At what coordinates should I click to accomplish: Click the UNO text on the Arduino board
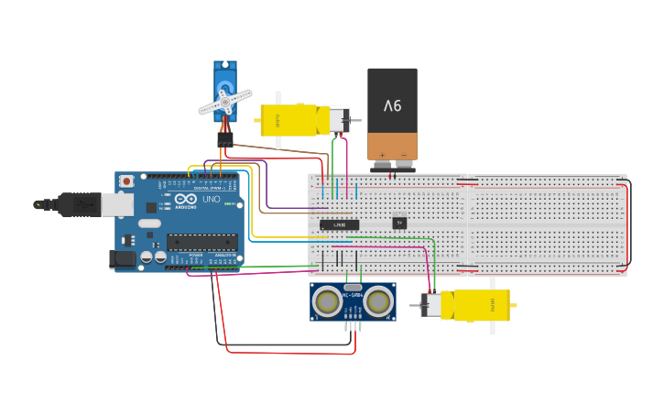pyautogui.click(x=211, y=199)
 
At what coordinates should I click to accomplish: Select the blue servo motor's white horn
pyautogui.click(x=225, y=101)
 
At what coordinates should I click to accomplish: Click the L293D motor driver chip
pyautogui.click(x=339, y=224)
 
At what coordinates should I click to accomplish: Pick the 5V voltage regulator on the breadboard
pyautogui.click(x=399, y=223)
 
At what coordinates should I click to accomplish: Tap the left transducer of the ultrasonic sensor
pyautogui.click(x=327, y=300)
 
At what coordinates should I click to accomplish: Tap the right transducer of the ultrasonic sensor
pyautogui.click(x=378, y=300)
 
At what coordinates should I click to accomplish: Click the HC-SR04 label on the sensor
pyautogui.click(x=353, y=295)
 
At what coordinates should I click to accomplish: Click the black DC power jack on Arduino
pyautogui.click(x=123, y=259)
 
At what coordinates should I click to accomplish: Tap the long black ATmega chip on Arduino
pyautogui.click(x=201, y=243)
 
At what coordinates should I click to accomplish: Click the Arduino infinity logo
pyautogui.click(x=186, y=199)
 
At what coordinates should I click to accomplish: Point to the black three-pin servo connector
pyautogui.click(x=224, y=139)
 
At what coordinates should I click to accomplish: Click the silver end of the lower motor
pyautogui.click(x=430, y=305)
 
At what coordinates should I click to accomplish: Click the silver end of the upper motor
pyautogui.click(x=339, y=120)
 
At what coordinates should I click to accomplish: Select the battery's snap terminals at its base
pyautogui.click(x=392, y=166)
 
